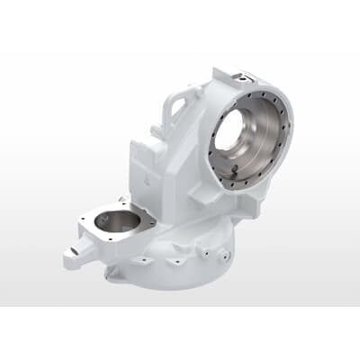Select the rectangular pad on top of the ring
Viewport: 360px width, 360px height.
point(240,80)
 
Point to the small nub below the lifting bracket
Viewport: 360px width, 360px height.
point(158,133)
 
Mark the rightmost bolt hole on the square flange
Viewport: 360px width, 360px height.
point(149,220)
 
